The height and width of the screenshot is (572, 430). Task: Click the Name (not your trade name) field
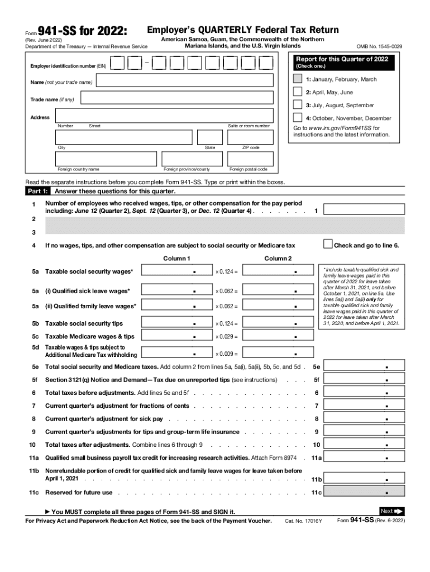click(x=185, y=82)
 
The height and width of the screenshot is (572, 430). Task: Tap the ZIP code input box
click(x=250, y=137)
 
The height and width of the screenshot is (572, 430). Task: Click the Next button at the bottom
click(x=391, y=511)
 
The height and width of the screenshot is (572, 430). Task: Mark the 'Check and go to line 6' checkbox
click(x=328, y=244)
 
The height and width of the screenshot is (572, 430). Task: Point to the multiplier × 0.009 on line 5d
click(x=227, y=354)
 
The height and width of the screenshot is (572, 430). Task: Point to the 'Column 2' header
click(x=278, y=258)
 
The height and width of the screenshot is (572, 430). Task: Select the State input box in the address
click(x=210, y=137)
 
